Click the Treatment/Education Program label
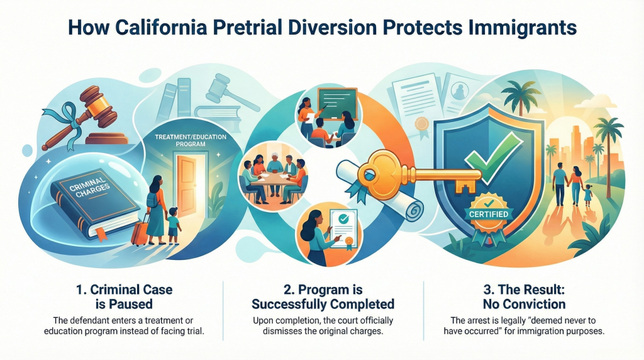(191, 140)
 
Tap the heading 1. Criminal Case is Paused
(124, 296)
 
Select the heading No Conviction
(524, 305)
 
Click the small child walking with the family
(588, 195)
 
